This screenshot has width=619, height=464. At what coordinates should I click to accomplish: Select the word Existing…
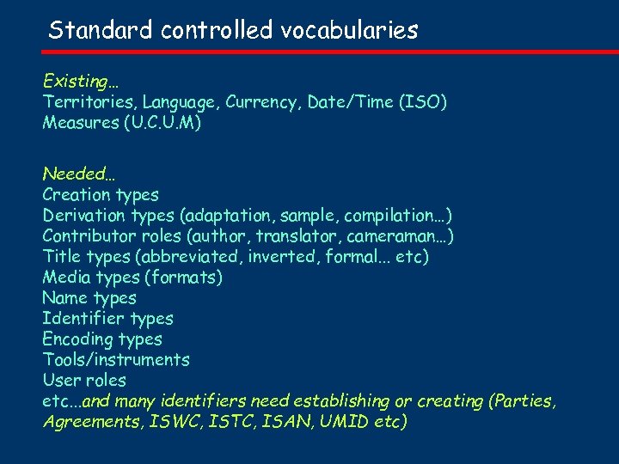82,82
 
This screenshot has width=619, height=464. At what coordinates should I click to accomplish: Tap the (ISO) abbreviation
422,102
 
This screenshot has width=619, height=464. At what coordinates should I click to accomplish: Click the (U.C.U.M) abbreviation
162,123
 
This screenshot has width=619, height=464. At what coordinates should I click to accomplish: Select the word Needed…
79,174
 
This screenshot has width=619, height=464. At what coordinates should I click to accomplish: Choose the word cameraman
404,236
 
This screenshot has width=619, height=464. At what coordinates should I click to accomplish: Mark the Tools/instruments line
116,360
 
